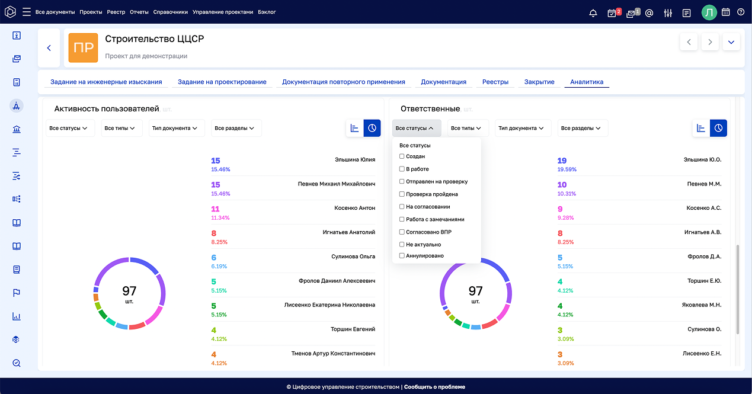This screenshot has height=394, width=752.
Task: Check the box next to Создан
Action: coord(402,156)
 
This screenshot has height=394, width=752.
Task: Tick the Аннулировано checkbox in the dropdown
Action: coord(402,256)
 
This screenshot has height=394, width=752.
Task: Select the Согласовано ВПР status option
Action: coord(402,232)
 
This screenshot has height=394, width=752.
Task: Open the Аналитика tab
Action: coord(586,82)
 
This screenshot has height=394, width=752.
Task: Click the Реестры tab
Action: coord(495,82)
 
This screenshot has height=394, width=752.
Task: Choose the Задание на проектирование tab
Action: coord(222,82)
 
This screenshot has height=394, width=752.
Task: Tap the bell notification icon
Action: coord(593,12)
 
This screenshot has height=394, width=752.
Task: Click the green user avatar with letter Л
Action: coord(709,12)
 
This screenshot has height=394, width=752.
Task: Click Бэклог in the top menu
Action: coord(267,12)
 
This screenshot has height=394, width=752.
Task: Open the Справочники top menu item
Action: coord(170,12)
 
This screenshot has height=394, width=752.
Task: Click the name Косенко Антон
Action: coord(354,208)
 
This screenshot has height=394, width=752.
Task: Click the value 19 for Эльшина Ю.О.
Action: coord(562,161)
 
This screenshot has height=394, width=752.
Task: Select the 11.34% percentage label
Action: coord(220,218)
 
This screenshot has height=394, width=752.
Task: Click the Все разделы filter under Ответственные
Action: coord(583,128)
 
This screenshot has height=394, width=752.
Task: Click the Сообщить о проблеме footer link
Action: coord(434,387)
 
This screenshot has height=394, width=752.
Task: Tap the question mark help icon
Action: coord(741,12)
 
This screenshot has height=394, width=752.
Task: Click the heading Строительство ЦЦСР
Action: coord(154,39)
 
